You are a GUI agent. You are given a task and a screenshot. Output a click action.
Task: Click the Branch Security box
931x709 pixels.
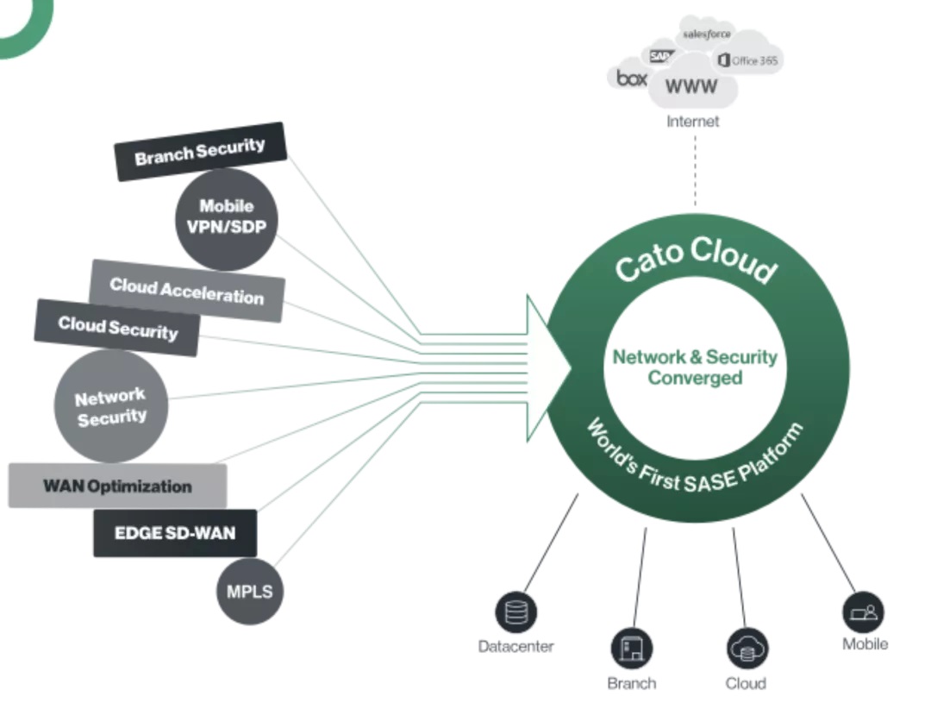(x=200, y=152)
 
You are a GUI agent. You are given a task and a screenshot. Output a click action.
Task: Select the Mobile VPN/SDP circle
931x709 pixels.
(x=227, y=218)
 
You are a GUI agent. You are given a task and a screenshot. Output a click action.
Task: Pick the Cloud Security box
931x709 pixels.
(x=117, y=328)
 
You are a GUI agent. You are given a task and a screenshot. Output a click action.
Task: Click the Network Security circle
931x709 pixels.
(x=110, y=406)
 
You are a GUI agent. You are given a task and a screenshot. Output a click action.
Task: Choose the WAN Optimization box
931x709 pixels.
(x=117, y=486)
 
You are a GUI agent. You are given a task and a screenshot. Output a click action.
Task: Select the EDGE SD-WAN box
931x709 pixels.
(x=174, y=533)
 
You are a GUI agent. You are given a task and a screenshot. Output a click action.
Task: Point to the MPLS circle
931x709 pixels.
(x=249, y=592)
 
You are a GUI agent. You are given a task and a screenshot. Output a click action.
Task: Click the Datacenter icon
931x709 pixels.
(x=515, y=613)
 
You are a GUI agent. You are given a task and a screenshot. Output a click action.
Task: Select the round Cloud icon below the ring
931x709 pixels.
(x=747, y=649)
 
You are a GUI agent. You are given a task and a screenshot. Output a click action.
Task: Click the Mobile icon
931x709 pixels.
(x=863, y=612)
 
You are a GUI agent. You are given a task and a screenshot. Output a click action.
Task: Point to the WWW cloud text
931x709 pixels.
(x=691, y=87)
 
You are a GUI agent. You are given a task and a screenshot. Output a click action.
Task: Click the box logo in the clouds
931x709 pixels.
(x=632, y=78)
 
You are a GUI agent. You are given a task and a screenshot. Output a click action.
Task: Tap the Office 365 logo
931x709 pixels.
(x=747, y=60)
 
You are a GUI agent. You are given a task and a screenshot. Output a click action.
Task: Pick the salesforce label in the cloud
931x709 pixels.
(x=707, y=34)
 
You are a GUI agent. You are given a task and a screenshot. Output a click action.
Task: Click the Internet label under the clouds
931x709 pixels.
(x=692, y=122)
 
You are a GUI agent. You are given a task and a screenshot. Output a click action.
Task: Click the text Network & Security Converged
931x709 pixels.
(x=694, y=367)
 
